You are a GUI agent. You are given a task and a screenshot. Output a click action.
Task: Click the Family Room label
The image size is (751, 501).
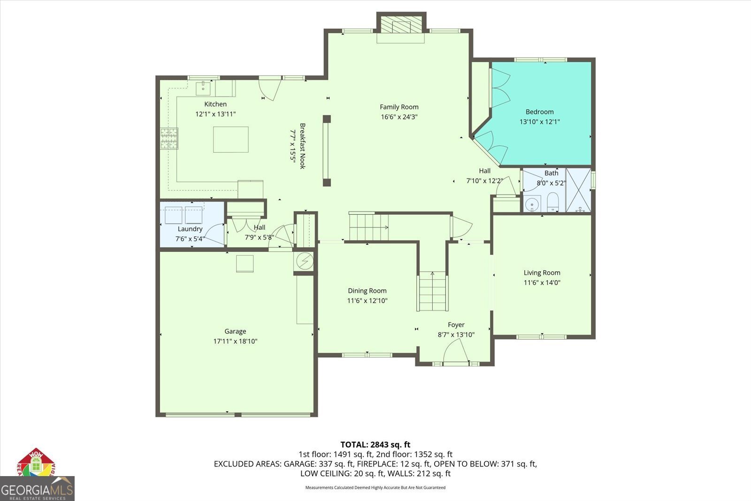click(399, 107)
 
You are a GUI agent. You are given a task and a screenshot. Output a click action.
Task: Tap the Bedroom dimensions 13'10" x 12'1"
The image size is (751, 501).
click(539, 122)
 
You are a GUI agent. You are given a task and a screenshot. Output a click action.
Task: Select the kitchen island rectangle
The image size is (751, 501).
click(230, 139)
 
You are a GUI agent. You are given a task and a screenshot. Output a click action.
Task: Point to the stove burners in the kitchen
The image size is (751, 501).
click(169, 139)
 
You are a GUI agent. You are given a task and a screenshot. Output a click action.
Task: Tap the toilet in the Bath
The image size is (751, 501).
click(552, 202)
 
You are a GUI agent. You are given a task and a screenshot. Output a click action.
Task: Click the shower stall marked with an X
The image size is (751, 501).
click(578, 190)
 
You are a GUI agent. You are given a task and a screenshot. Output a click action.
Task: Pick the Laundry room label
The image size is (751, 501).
click(190, 229)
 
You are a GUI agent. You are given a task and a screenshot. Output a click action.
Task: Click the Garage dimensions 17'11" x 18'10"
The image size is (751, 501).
click(235, 341)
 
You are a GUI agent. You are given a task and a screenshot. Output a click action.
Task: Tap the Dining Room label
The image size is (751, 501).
click(367, 291)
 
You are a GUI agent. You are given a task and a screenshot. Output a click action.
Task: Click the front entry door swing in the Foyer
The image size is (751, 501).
click(456, 352)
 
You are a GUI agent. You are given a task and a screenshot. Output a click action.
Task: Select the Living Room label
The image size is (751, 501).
click(542, 273)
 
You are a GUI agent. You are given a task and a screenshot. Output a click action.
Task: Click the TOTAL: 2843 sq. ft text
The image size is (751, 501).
click(375, 444)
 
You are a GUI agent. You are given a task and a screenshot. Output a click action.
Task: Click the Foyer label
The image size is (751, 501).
click(456, 325)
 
